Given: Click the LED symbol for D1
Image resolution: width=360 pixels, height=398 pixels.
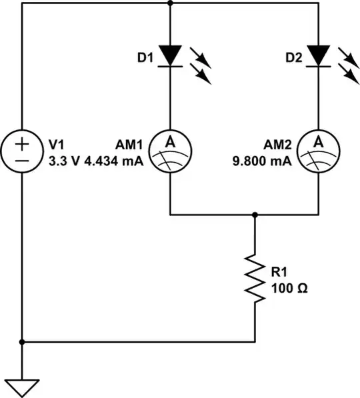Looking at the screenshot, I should point(171,56).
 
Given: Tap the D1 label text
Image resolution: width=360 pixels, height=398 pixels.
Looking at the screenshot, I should point(145,59).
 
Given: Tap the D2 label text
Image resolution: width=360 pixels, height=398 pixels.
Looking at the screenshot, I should point(293,59).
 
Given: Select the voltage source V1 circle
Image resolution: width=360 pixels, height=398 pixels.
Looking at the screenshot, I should point(22,152).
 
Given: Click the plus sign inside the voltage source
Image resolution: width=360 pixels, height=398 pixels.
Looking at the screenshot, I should point(22,144).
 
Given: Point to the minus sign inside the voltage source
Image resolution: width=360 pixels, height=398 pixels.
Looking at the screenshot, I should point(22,161).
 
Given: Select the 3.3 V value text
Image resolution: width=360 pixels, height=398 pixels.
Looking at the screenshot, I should point(64,161).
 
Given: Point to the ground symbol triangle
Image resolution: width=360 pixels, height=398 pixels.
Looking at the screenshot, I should point(22,386).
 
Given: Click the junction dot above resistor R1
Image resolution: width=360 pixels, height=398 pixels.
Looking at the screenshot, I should point(255,215).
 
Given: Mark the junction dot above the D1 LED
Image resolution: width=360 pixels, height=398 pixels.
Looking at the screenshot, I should point(171,3).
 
